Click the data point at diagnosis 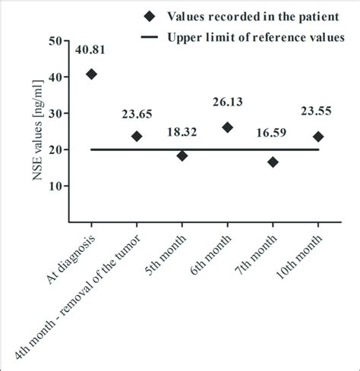tap(91, 74)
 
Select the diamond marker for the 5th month tap(182, 156)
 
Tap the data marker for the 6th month tap(227, 127)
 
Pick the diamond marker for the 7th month tap(273, 162)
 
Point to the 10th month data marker tap(317, 137)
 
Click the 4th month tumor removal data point tap(137, 137)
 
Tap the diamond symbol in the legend tap(150, 14)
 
